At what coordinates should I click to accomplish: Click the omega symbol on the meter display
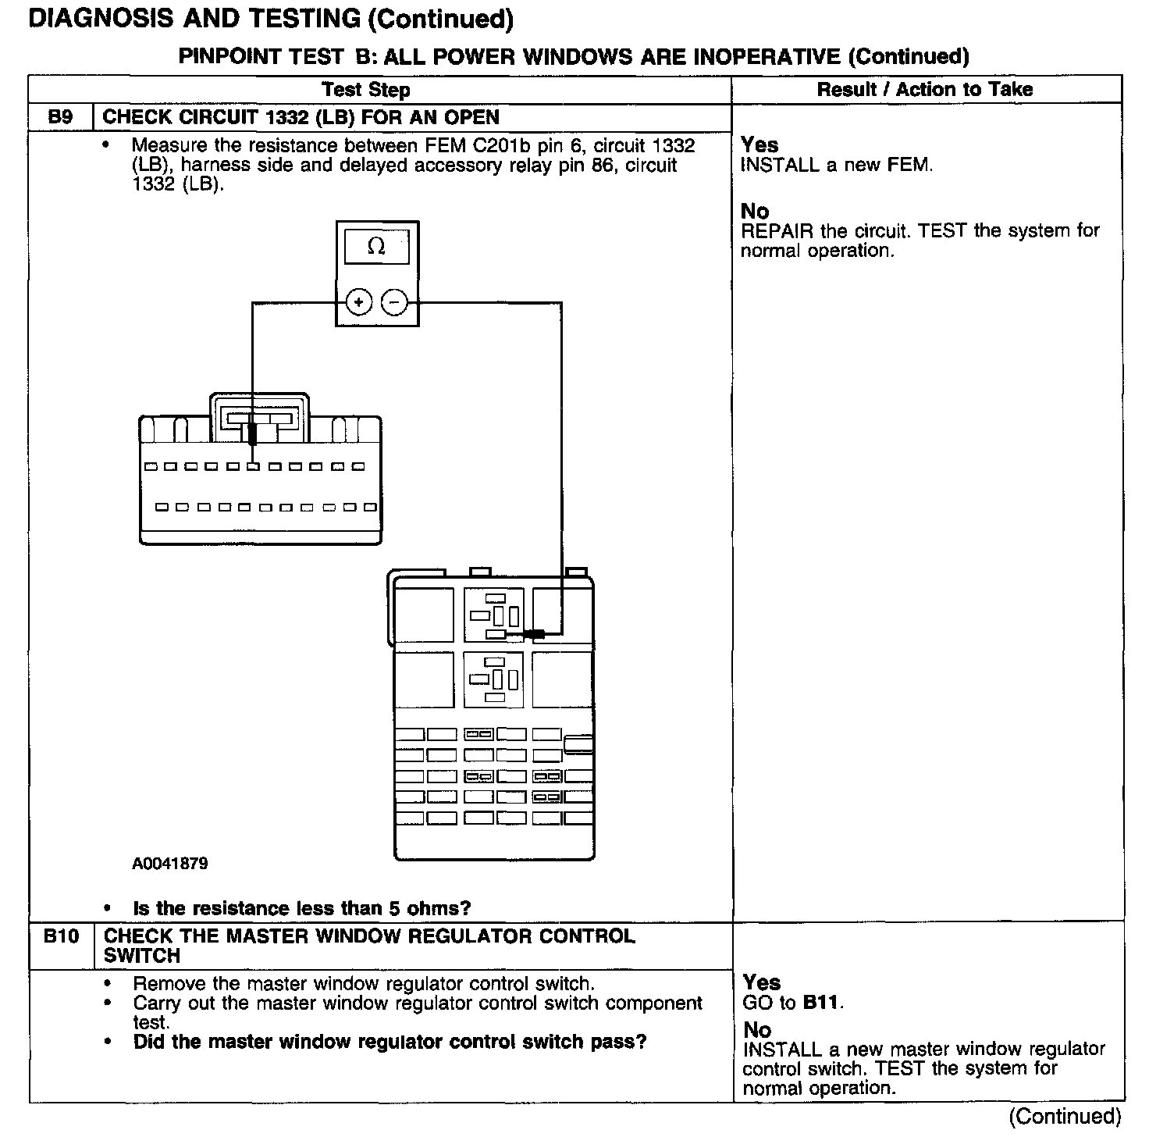click(375, 247)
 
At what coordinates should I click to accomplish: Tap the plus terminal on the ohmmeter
click(358, 302)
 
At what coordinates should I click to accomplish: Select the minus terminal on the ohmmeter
click(395, 302)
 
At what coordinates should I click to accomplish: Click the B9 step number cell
click(60, 117)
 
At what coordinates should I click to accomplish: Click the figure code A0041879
click(170, 864)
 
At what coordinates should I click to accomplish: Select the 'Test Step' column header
click(366, 90)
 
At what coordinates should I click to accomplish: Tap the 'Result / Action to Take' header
click(924, 90)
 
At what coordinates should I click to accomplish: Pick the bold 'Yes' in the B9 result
click(759, 144)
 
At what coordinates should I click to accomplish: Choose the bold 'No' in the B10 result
click(757, 1030)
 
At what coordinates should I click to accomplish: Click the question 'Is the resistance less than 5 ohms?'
click(302, 908)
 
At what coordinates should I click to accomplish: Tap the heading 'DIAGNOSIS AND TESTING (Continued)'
click(270, 20)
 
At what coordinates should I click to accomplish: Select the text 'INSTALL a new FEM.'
click(836, 165)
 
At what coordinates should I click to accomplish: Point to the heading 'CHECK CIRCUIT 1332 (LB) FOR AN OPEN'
click(301, 117)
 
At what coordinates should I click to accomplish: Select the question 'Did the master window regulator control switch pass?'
click(390, 1042)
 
